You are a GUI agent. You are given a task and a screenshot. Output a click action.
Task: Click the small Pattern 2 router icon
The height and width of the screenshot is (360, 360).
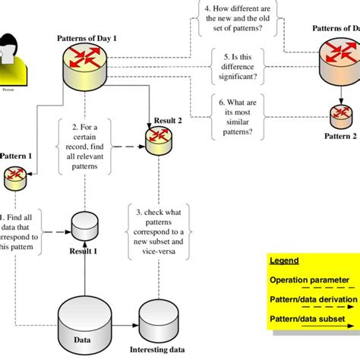(x=340, y=116)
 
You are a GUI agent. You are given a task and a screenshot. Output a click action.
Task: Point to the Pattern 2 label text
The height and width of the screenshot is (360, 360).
(x=340, y=136)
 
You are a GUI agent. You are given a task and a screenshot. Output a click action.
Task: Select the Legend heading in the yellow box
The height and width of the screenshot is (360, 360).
(x=285, y=261)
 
